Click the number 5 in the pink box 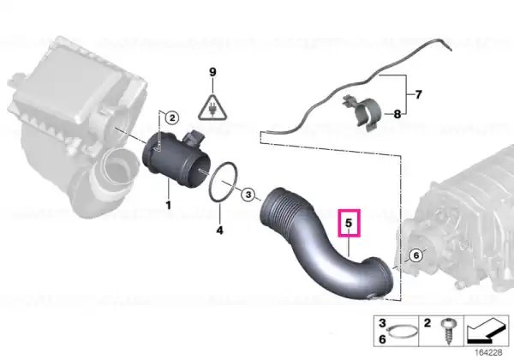coord(349,223)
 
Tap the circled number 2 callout coord(172,117)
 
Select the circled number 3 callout coord(248,195)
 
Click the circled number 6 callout coord(416,255)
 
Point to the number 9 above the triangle coord(212,72)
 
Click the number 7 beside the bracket coord(418,95)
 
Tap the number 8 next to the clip coord(397,114)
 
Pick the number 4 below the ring coord(219,231)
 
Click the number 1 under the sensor coord(168,206)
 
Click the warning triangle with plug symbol coord(212,108)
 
